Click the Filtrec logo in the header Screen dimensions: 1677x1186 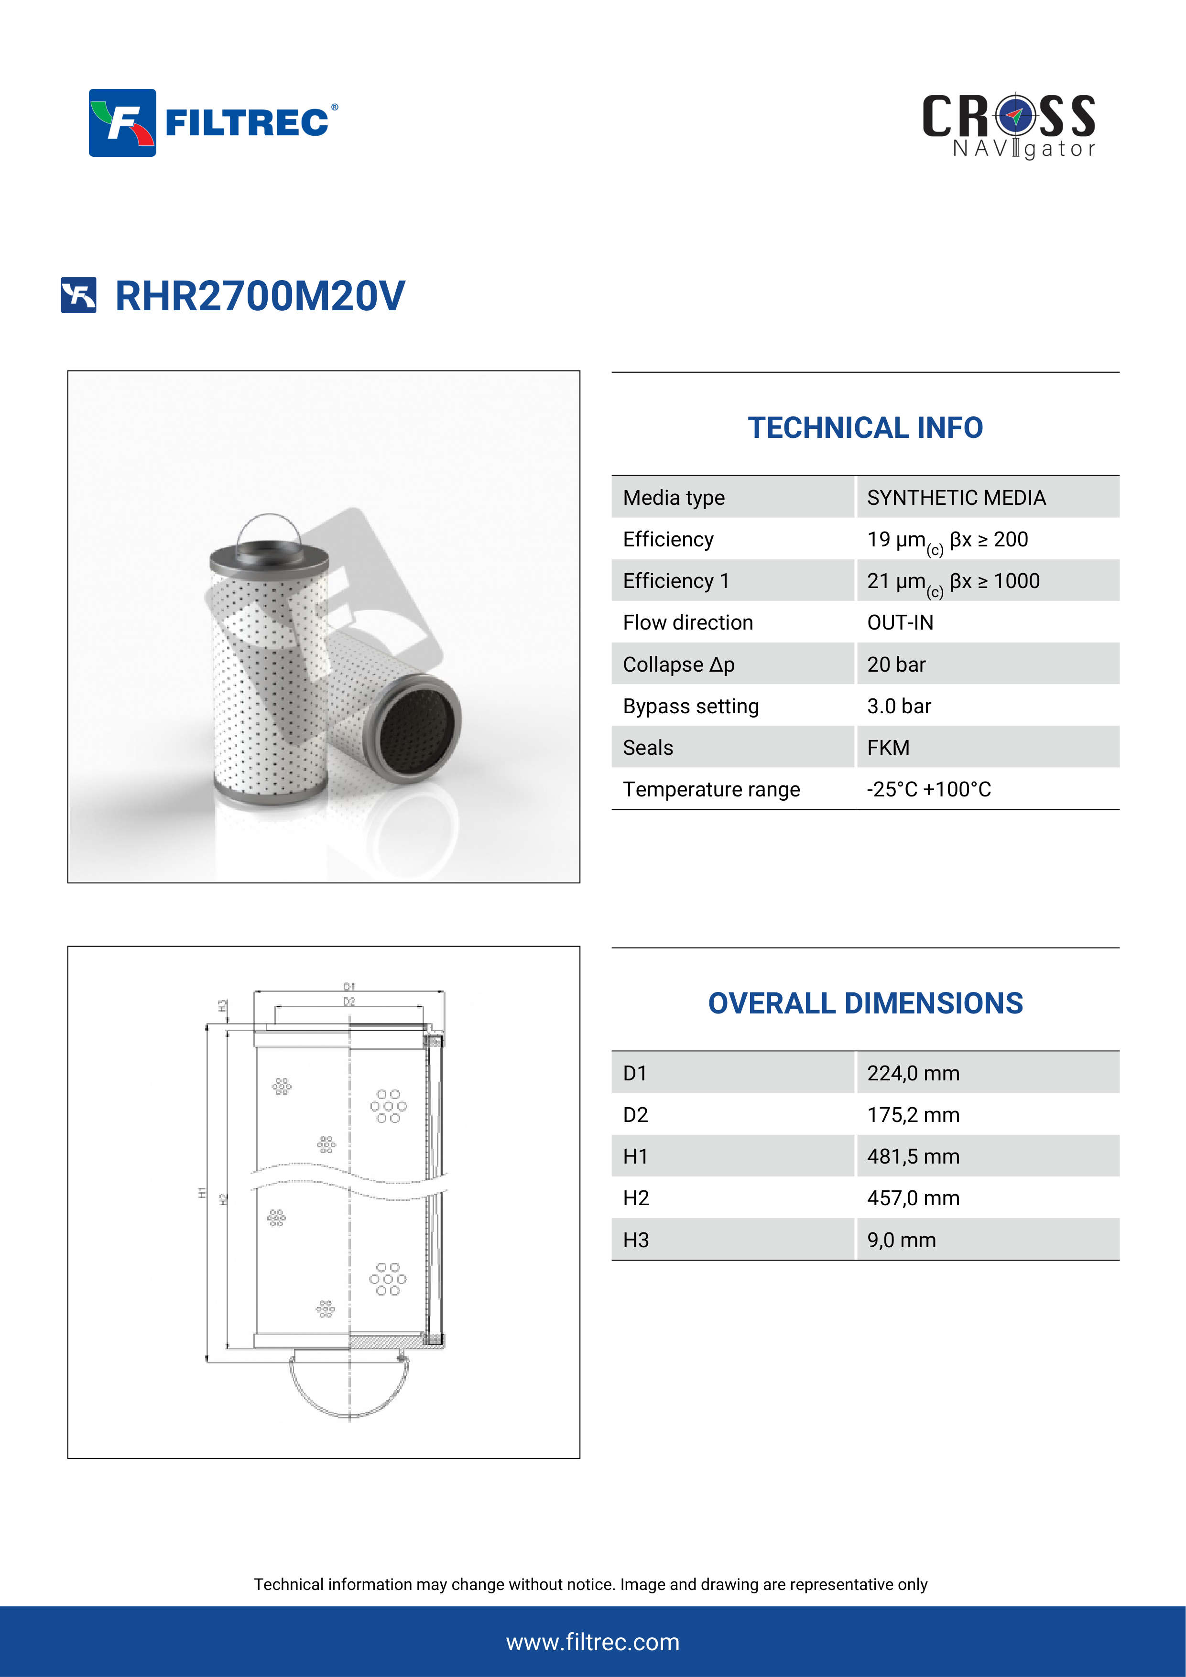pos(213,123)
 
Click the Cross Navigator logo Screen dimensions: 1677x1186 pos(1009,126)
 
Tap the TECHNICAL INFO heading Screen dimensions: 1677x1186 pos(865,428)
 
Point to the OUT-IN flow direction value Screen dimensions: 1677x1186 pos(900,623)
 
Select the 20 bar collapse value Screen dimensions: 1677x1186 pos(896,664)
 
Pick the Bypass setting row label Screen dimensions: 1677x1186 pos(691,706)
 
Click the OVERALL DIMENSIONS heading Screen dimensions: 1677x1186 pos(865,1003)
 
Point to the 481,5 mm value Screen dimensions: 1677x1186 pos(913,1157)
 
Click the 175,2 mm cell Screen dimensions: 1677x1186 pos(913,1115)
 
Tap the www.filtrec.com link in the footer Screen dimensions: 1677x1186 pos(592,1642)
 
